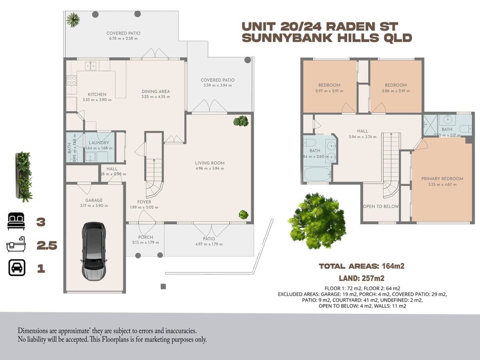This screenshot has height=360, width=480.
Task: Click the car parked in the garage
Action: tap(94, 251)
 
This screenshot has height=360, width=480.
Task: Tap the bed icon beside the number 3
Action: tap(16, 221)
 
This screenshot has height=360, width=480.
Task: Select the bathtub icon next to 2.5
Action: tap(16, 244)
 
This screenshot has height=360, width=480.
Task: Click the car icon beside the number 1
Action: tap(17, 268)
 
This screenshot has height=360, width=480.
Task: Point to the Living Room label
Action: tap(210, 163)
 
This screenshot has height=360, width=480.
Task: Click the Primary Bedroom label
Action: tap(442, 178)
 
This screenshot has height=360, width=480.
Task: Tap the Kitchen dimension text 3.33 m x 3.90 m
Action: tap(97, 100)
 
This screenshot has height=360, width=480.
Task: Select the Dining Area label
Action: tap(156, 91)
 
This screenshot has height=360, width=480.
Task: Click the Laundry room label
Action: tap(99, 143)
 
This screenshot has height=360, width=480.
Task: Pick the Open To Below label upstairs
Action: tap(381, 206)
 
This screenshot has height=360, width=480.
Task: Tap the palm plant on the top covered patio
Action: tap(73, 19)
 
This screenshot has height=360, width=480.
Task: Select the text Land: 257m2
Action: tap(362, 278)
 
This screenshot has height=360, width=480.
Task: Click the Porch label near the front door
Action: tap(145, 237)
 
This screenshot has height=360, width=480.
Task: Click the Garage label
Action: tap(94, 200)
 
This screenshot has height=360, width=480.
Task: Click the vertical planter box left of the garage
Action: tap(24, 176)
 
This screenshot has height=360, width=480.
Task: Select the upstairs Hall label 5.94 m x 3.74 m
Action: tap(362, 131)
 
